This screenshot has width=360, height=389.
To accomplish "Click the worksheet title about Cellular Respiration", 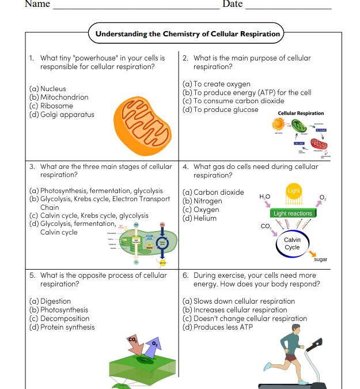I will coord(187,33).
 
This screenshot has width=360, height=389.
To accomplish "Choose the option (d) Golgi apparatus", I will coord(62,115).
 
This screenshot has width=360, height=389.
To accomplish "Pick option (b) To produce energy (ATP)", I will coord(247,93).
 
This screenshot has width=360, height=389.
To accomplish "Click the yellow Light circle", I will coord(293,191).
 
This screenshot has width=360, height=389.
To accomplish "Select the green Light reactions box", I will coord(293,213).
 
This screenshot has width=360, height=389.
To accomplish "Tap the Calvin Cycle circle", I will coord(292,243).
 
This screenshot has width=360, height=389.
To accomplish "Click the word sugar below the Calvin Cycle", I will coord(320,259).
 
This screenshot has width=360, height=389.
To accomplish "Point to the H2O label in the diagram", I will coord(264,197).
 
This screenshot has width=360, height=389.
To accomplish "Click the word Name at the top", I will coord(37,5).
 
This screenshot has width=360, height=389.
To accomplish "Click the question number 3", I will coord(32,167).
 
